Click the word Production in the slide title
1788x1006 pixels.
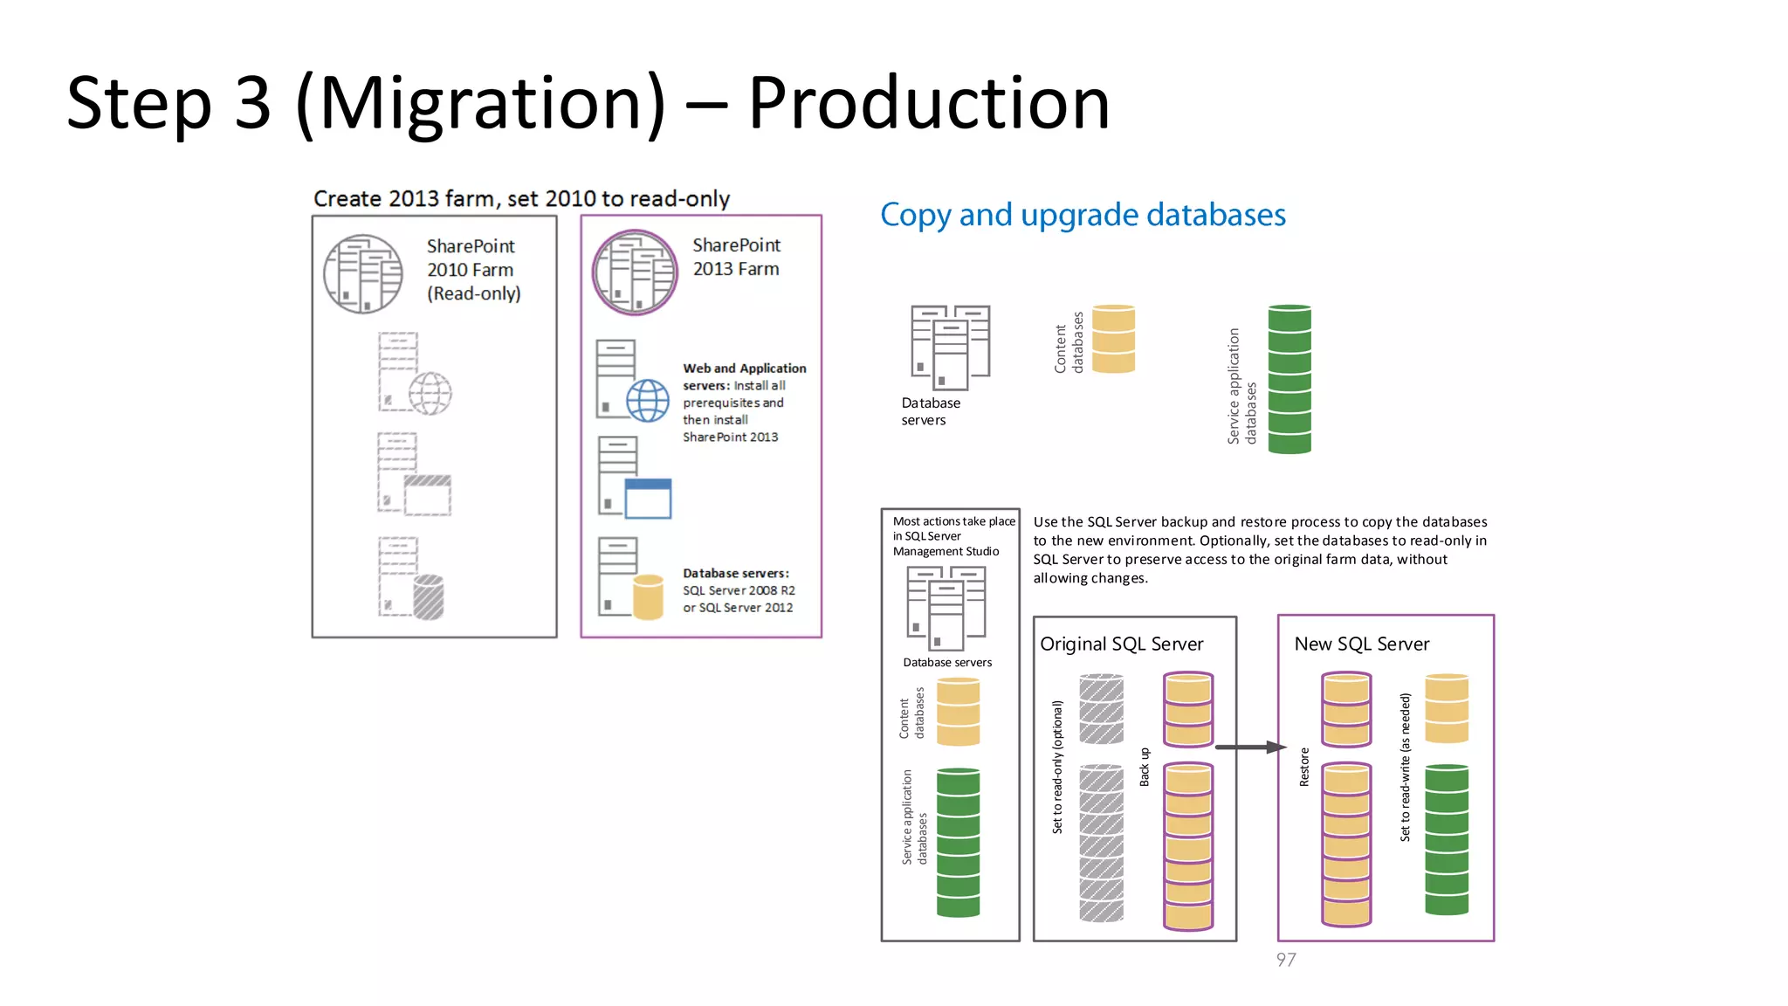[928, 103]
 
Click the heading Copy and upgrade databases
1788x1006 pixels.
[1083, 215]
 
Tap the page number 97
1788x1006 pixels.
[1285, 960]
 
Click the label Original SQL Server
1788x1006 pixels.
[1121, 644]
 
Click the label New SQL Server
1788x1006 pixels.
[1361, 644]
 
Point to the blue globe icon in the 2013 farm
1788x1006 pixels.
[648, 401]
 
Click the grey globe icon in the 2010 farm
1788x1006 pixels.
[430, 393]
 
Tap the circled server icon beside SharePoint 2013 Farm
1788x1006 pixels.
[635, 272]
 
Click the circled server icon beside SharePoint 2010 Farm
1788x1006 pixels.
[363, 273]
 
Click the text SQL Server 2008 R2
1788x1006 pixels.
[739, 590]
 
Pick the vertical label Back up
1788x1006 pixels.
[1145, 767]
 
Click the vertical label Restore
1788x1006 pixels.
[1304, 767]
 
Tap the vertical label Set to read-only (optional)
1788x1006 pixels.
[1057, 767]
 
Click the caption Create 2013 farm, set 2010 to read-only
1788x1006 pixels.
[521, 199]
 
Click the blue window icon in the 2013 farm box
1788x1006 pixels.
[648, 499]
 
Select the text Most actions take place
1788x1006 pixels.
[953, 521]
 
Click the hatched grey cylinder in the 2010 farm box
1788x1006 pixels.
[428, 597]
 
